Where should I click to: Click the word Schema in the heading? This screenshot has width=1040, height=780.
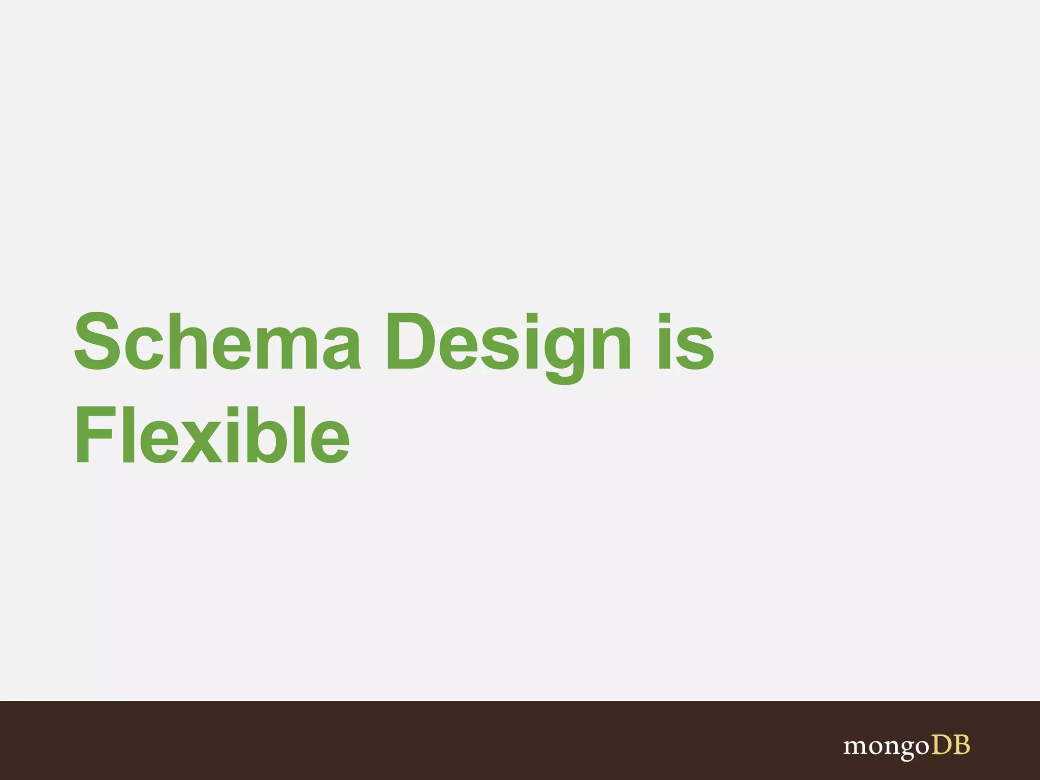[217, 341]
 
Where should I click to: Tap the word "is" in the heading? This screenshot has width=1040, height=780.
[686, 341]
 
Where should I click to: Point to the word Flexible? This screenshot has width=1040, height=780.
[212, 435]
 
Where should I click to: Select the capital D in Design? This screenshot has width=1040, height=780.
[409, 341]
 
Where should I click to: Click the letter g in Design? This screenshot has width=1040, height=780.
[565, 353]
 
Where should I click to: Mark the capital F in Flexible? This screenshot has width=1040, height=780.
[93, 435]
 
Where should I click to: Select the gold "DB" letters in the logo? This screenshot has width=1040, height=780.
[950, 745]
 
